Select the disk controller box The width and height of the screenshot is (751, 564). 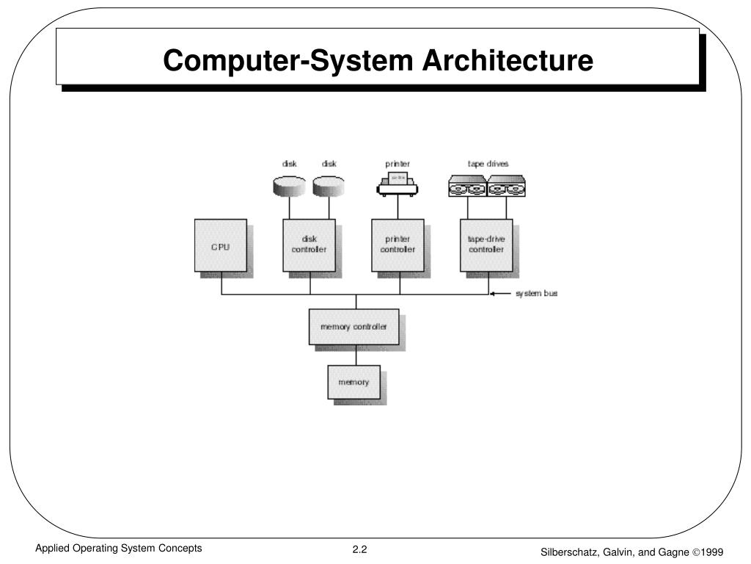click(x=309, y=245)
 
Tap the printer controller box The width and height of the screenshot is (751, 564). click(x=397, y=245)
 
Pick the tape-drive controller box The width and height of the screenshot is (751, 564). click(x=486, y=245)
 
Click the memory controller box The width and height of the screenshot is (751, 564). click(x=353, y=327)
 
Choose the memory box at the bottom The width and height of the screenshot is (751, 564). click(x=353, y=382)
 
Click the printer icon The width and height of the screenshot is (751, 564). click(x=398, y=184)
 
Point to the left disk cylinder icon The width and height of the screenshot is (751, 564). click(x=288, y=186)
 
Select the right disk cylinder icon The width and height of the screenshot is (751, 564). click(x=328, y=186)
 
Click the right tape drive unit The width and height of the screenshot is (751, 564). click(x=507, y=187)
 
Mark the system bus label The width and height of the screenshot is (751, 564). click(x=536, y=294)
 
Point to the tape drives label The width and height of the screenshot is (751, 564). click(x=488, y=164)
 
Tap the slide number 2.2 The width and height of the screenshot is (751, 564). click(x=359, y=550)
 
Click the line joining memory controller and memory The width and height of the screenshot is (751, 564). click(x=356, y=355)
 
